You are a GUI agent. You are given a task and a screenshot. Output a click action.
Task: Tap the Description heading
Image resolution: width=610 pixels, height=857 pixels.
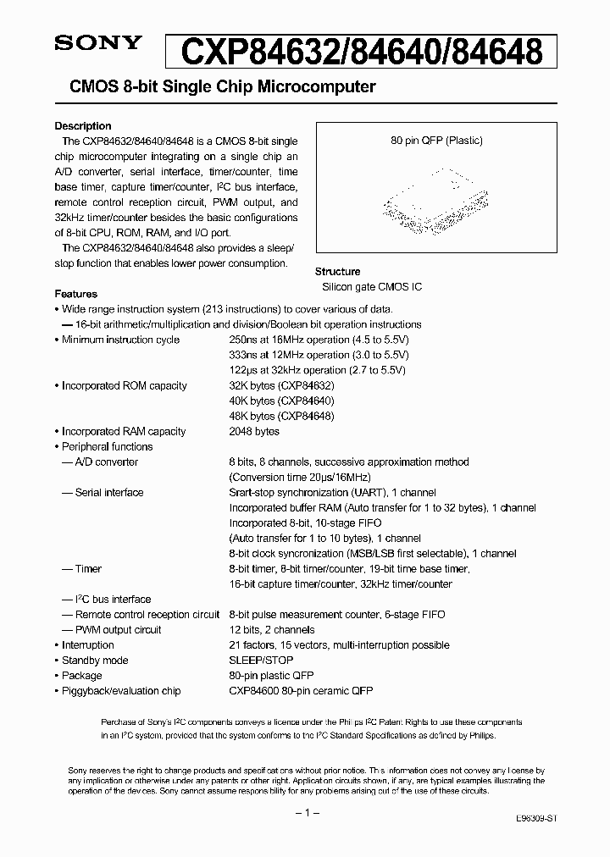pos(83,126)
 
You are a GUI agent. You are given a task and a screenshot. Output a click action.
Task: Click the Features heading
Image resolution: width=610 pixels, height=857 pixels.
pos(75,294)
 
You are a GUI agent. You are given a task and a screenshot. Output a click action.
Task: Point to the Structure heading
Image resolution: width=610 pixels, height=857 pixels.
pos(337,272)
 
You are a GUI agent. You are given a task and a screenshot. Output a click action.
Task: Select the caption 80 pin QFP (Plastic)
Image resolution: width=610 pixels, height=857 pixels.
pos(436,141)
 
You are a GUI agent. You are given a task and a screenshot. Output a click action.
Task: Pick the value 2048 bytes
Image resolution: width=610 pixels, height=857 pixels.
pos(254,431)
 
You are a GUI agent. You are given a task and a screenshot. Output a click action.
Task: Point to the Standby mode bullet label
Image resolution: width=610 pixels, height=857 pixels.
pos(95,660)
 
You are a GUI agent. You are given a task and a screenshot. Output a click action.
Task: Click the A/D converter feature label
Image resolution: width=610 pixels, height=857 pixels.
pos(106,462)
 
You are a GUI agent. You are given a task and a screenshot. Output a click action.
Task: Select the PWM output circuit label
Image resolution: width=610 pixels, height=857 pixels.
pos(118,629)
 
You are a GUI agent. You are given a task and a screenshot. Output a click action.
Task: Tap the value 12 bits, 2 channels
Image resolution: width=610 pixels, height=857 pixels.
pos(271,629)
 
